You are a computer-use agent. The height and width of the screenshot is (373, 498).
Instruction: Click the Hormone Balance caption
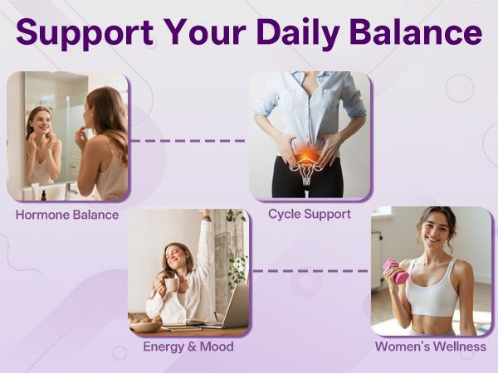click(67, 216)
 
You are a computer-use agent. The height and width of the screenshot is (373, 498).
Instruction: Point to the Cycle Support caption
click(309, 214)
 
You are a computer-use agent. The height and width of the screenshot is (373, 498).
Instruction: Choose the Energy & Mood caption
click(188, 346)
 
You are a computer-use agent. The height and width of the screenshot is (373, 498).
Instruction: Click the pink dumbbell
click(395, 271)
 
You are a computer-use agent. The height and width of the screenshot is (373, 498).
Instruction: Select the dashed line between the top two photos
click(188, 141)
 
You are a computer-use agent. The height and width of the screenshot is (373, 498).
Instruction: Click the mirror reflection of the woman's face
click(40, 124)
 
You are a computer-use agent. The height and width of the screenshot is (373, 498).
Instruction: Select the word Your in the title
click(203, 33)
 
